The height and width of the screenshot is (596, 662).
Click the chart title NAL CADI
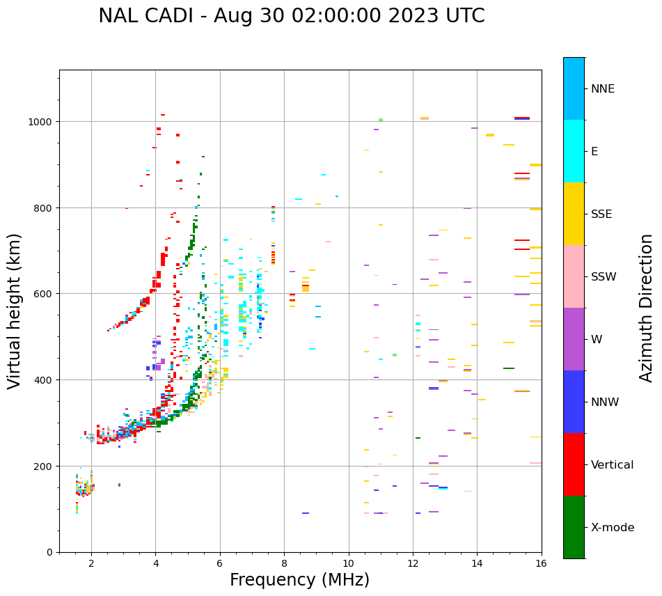(291, 16)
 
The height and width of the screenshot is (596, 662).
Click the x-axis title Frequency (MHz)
(299, 580)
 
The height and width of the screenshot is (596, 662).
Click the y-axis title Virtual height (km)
(15, 311)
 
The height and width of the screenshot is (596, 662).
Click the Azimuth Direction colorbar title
(647, 308)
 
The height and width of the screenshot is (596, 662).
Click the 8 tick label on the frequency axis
(284, 564)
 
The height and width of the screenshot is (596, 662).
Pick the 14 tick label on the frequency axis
(477, 564)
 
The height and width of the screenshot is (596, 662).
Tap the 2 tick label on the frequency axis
(91, 564)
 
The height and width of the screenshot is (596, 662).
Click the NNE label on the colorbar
(603, 89)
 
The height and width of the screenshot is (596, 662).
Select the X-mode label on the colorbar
(613, 528)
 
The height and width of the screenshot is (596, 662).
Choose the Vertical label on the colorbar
(613, 465)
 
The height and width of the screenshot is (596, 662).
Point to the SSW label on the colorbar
(604, 277)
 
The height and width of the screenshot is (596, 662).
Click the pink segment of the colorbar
(574, 276)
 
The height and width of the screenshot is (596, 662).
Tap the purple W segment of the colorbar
(574, 339)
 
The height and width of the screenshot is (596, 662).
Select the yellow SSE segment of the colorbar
(574, 214)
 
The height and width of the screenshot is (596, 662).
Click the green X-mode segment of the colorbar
(574, 527)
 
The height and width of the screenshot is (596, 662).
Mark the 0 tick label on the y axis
(49, 552)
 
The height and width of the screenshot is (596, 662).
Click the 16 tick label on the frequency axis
(542, 564)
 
